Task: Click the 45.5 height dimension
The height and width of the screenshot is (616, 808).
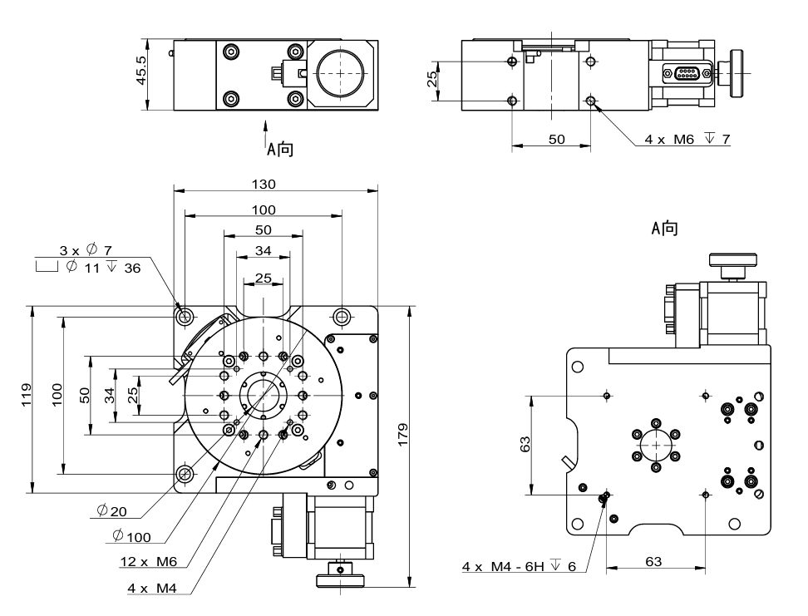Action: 141,73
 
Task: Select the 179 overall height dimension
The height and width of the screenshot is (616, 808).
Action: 403,442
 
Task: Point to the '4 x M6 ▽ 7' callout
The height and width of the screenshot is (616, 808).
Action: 687,139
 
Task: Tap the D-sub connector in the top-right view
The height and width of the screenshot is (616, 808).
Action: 687,74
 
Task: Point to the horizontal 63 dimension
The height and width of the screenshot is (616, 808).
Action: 653,562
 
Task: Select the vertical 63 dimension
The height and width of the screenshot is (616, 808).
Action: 525,446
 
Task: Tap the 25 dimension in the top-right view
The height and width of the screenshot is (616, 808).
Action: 432,81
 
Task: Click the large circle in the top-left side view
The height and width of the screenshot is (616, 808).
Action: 340,72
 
